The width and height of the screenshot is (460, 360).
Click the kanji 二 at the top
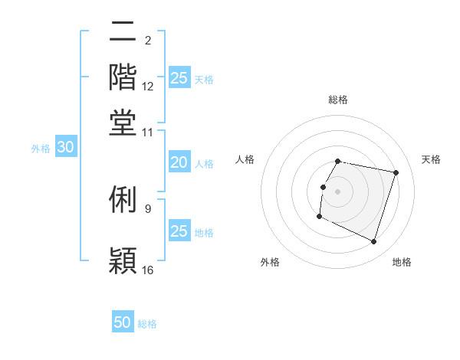(123, 33)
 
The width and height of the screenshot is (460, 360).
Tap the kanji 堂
(123, 123)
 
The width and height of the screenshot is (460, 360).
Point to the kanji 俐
(123, 199)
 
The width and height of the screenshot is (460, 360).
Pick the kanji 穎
(123, 260)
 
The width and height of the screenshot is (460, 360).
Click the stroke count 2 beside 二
(147, 41)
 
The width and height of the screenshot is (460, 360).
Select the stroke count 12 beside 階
(148, 87)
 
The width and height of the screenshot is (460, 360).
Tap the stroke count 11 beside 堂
(148, 132)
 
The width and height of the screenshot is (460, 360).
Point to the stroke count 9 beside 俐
(147, 208)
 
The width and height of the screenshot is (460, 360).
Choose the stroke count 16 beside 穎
(148, 270)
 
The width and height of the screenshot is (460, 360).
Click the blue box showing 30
(65, 148)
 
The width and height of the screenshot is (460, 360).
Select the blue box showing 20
(179, 162)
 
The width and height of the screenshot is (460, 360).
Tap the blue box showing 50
(123, 322)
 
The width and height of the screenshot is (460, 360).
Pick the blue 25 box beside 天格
(179, 77)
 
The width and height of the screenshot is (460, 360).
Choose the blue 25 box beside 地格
(179, 231)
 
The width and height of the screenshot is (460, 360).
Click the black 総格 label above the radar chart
(338, 100)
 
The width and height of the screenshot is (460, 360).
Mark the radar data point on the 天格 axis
(396, 173)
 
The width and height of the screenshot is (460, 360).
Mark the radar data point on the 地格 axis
(374, 242)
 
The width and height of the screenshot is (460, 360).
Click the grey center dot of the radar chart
(338, 190)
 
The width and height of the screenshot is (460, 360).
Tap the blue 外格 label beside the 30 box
(40, 149)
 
